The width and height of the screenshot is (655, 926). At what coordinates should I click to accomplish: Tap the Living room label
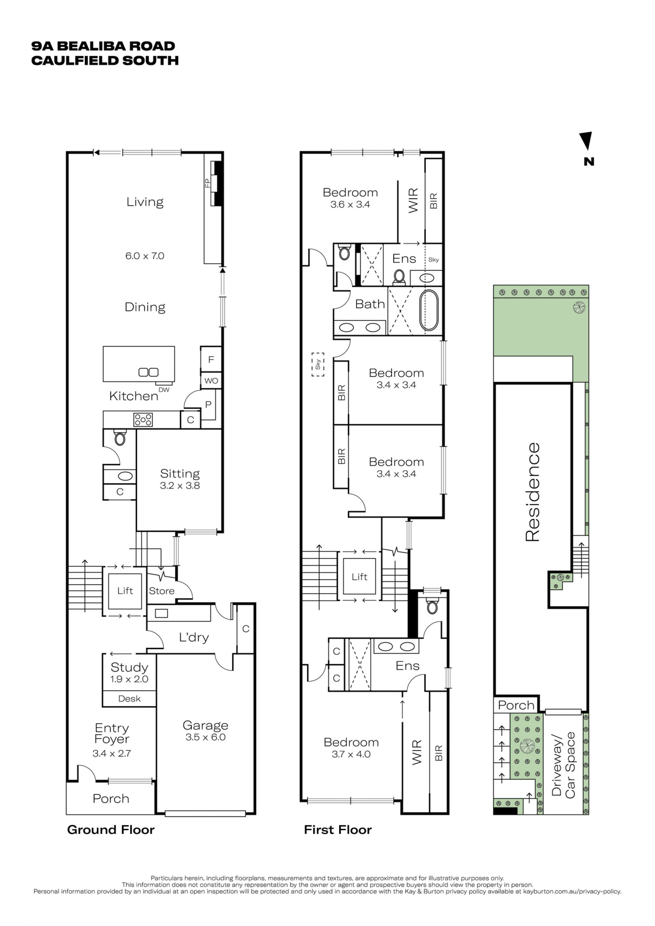coord(145,202)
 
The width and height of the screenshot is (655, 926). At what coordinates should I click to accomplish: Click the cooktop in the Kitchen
coord(143,420)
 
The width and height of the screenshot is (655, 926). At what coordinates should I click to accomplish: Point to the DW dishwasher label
coord(164,390)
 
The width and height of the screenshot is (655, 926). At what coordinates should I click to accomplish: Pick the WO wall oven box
coord(211,380)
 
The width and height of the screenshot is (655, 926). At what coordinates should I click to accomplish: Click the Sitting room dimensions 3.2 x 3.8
coord(180,486)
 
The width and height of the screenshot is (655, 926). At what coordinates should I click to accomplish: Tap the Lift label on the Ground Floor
coord(125,591)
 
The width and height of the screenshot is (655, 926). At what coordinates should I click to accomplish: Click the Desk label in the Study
coord(130,699)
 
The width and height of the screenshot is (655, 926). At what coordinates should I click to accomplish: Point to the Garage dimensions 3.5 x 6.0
coord(205,737)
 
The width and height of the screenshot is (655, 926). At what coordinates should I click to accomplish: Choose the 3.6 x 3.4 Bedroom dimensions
coord(350,205)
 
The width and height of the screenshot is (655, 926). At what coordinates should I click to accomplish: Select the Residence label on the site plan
coord(533,492)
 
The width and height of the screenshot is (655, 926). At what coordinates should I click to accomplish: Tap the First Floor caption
coord(338,829)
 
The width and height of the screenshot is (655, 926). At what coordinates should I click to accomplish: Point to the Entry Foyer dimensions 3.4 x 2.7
coord(112,753)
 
